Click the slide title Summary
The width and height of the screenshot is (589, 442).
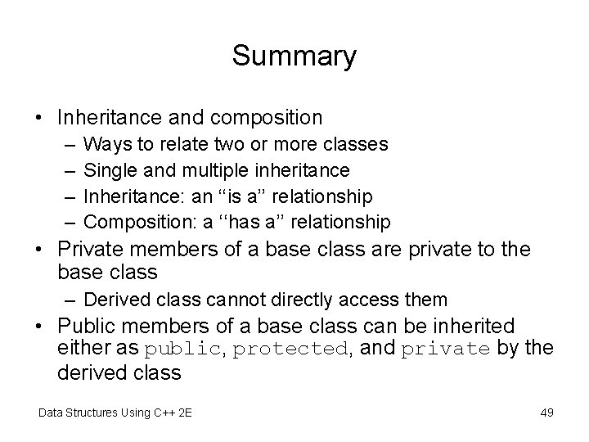click(294, 56)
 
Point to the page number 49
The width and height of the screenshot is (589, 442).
click(546, 413)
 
